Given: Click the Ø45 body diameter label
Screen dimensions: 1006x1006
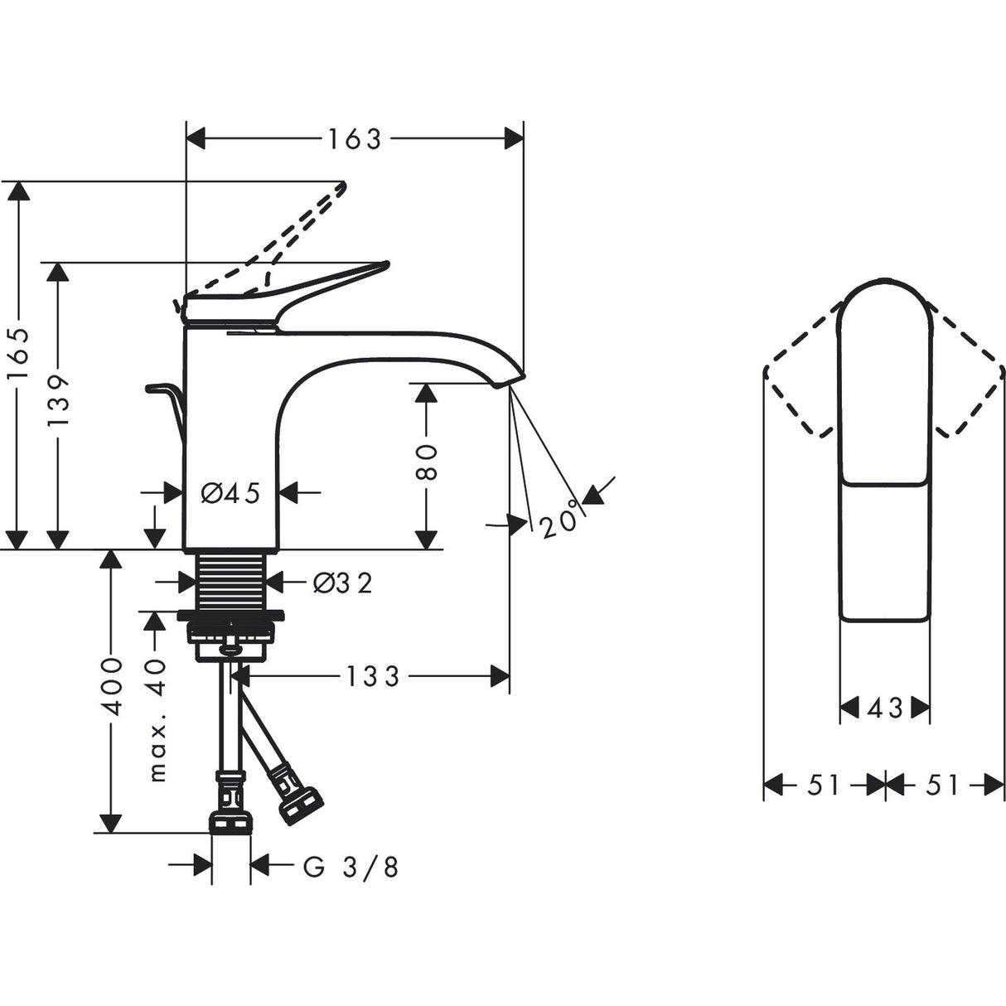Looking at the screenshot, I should point(231,494).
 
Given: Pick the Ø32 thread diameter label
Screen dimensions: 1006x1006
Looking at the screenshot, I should point(342,583).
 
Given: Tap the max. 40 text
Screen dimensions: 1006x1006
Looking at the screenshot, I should point(157,722).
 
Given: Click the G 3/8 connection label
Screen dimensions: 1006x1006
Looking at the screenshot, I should point(351,867).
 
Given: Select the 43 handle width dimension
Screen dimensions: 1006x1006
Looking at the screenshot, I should point(884,709).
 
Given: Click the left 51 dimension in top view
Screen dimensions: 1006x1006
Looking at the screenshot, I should point(824,785).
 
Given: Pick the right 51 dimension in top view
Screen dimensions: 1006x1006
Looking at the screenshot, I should point(942,785).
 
